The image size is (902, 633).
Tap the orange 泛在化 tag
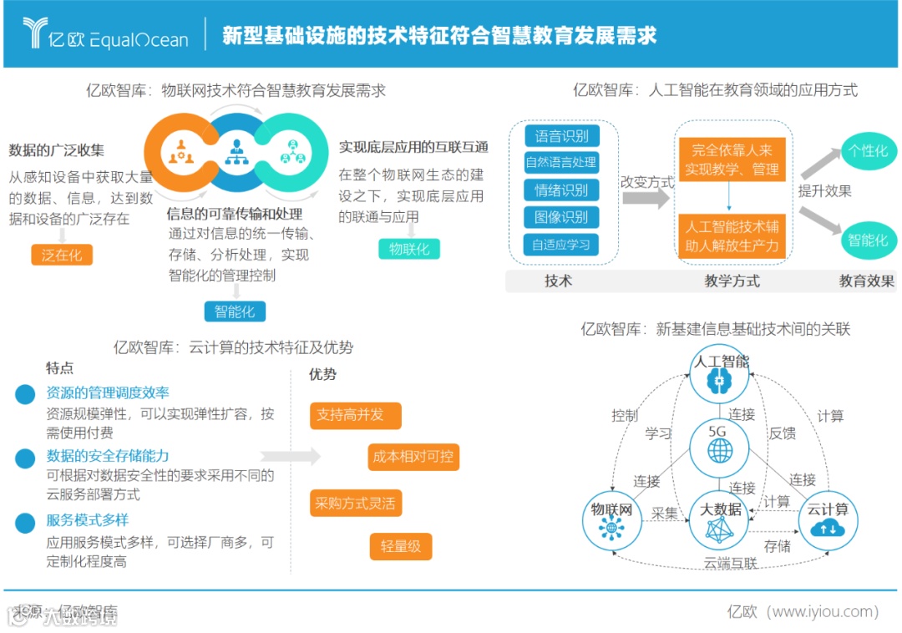62,256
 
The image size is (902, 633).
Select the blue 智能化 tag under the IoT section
235,311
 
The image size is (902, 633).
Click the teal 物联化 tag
409,249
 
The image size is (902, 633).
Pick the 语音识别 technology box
561,136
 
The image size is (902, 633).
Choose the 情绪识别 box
561,190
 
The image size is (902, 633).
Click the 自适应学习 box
561,245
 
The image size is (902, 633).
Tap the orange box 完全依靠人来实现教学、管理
732,160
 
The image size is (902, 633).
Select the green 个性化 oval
868,151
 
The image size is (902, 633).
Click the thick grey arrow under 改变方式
647,199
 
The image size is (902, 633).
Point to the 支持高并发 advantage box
355,414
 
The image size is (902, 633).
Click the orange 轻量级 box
401,546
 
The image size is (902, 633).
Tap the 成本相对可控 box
414,457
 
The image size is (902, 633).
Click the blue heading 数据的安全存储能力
108,456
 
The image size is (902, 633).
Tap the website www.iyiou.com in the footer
824,612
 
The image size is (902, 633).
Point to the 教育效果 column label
866,281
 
